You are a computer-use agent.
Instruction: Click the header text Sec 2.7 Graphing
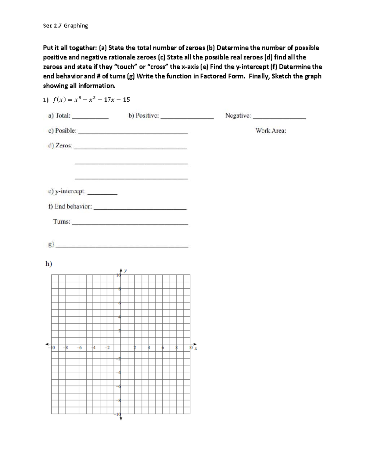66,26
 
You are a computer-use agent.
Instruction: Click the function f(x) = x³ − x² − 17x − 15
91,100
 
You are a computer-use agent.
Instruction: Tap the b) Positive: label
144,116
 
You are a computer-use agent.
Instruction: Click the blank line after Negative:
279,118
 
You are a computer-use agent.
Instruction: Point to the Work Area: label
271,131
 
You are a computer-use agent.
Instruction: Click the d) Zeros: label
60,146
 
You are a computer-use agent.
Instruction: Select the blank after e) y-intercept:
104,194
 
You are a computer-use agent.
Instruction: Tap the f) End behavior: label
70,207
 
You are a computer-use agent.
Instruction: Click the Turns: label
62,222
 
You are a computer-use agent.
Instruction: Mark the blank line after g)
123,246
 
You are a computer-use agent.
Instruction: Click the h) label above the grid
49,264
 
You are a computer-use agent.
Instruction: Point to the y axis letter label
125,270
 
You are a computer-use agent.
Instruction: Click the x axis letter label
196,348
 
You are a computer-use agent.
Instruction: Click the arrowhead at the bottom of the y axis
121,419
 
